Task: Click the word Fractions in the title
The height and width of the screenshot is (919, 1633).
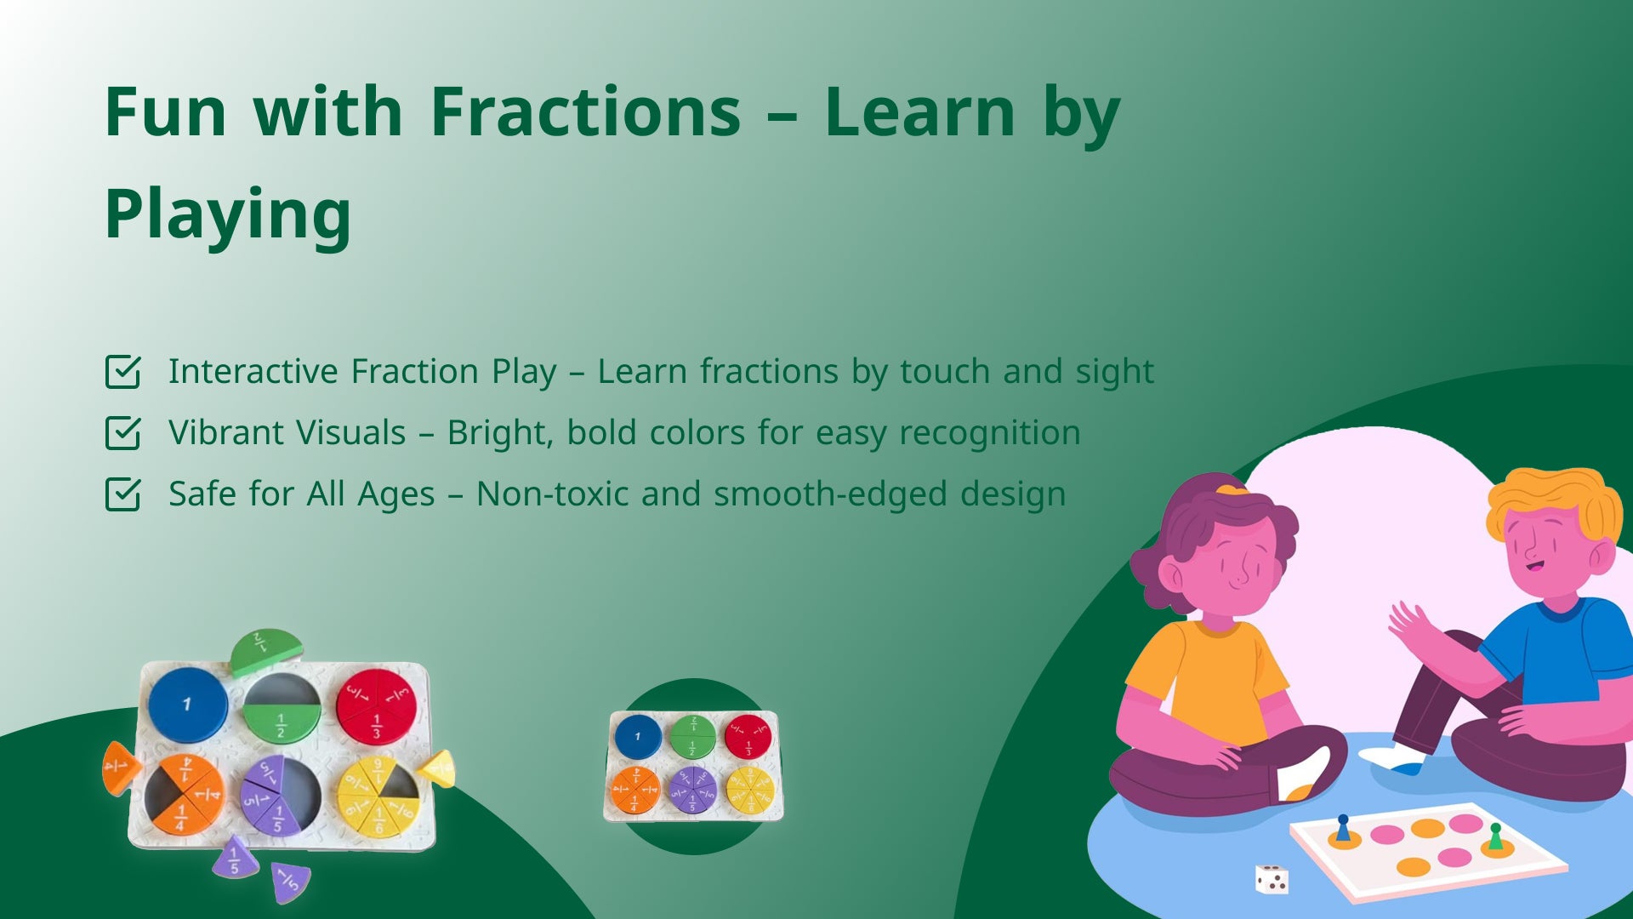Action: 586,111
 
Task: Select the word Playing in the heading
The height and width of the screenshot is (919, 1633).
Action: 228,214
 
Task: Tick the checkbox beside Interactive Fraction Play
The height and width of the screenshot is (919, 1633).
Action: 122,372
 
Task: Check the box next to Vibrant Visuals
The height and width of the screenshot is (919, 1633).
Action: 122,433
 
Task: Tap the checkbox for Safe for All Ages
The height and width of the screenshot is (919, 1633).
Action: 122,494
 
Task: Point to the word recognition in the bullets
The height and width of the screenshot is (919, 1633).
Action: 990,433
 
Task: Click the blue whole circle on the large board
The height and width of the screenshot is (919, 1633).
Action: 188,705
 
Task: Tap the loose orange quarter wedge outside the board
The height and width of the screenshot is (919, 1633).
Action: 119,768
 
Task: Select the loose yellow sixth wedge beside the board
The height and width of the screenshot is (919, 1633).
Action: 437,768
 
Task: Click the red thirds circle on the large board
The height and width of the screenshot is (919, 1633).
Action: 376,706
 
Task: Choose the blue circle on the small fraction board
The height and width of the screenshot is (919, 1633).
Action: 638,736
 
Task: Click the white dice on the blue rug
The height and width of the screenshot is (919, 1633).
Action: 1272,880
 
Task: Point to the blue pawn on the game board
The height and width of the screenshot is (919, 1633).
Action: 1343,828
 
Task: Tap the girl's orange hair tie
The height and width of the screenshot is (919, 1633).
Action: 1232,489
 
